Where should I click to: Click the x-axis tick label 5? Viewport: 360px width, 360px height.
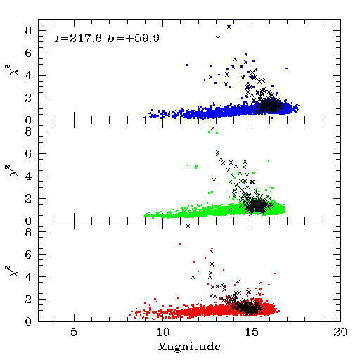coord(74,332)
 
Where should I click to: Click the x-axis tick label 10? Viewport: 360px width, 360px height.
coord(162,332)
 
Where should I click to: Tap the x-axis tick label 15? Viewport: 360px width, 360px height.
coord(252,332)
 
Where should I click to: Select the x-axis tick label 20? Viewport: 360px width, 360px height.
coord(340,332)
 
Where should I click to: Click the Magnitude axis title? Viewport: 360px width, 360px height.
coord(189,347)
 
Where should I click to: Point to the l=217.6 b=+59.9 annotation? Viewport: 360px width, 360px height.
coord(107,38)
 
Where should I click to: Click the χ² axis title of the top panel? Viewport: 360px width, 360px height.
coord(13,70)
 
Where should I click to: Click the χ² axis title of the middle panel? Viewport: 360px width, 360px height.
coord(13,170)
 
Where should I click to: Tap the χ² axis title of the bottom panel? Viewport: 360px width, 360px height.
coord(13,271)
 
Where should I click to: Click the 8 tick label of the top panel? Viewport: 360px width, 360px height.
coord(28,31)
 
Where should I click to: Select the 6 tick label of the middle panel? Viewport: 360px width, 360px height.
coord(28,154)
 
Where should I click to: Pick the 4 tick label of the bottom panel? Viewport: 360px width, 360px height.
coord(28,277)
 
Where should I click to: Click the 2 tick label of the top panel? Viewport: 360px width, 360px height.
coord(28,98)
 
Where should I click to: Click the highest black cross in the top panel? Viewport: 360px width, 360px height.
coord(229,27)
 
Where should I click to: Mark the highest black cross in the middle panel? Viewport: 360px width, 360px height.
coord(212,128)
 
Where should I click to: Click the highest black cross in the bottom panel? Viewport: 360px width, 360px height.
coord(188,226)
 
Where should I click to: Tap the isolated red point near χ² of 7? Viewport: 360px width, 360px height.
coord(180,244)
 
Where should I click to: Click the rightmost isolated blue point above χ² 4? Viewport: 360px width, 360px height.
coord(286,68)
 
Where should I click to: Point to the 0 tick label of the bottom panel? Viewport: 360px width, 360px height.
coord(28,321)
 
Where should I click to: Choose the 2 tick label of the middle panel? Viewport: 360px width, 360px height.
coord(28,199)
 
